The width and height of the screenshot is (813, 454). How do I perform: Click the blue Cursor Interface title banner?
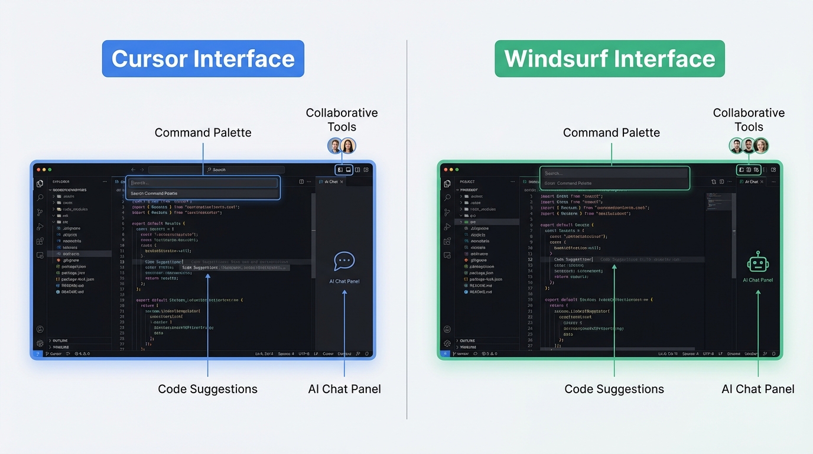click(x=203, y=59)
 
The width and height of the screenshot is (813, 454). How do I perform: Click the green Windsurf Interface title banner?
click(x=609, y=59)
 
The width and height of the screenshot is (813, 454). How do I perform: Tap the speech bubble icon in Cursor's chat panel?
click(x=344, y=261)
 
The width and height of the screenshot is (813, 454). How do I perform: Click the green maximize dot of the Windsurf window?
click(x=457, y=170)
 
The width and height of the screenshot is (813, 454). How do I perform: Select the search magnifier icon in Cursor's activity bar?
click(x=40, y=197)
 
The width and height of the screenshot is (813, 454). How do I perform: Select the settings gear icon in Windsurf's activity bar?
click(x=447, y=343)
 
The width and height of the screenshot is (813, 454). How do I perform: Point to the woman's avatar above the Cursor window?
click(x=349, y=145)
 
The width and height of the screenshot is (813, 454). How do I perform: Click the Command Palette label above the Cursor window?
click(x=203, y=132)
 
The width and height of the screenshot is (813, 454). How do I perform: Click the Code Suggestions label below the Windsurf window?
click(x=614, y=389)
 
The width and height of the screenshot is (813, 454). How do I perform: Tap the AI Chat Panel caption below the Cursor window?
click(x=344, y=389)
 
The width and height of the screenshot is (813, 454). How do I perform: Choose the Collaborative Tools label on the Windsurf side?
click(x=749, y=119)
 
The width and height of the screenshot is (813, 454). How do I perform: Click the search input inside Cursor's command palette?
click(x=203, y=183)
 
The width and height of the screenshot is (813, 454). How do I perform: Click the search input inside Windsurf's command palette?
click(x=614, y=173)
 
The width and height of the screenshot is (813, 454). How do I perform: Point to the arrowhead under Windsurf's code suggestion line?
click(x=614, y=267)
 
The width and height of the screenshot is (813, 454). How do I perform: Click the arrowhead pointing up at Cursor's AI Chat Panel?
click(x=344, y=290)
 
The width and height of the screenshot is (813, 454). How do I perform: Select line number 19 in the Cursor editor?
click(x=122, y=300)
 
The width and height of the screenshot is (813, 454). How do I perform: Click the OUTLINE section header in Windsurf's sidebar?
click(x=467, y=340)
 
